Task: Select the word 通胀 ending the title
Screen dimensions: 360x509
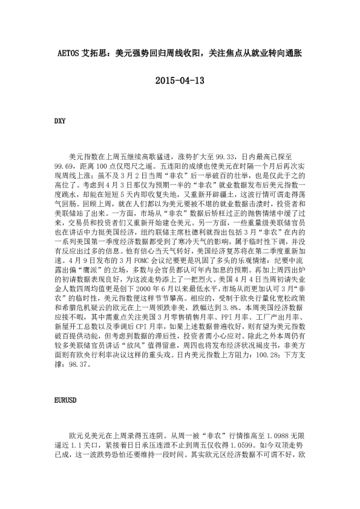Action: (x=293, y=53)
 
